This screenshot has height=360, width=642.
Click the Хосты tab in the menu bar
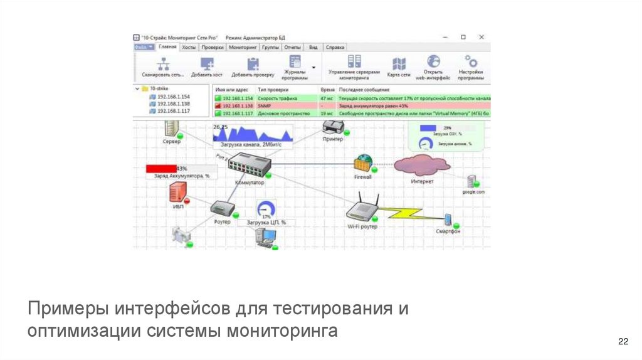188,47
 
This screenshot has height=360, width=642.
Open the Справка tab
335,47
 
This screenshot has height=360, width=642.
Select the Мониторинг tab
243,47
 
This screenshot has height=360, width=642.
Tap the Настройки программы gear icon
470,61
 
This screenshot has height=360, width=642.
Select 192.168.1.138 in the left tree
174,104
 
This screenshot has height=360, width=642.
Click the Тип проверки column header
272,90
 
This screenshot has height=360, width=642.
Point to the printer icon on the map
333,128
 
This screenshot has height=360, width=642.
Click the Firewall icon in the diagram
362,164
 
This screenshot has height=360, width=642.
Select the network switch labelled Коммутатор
249,166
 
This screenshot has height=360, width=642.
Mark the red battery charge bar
161,169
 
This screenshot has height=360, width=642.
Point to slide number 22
623,341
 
